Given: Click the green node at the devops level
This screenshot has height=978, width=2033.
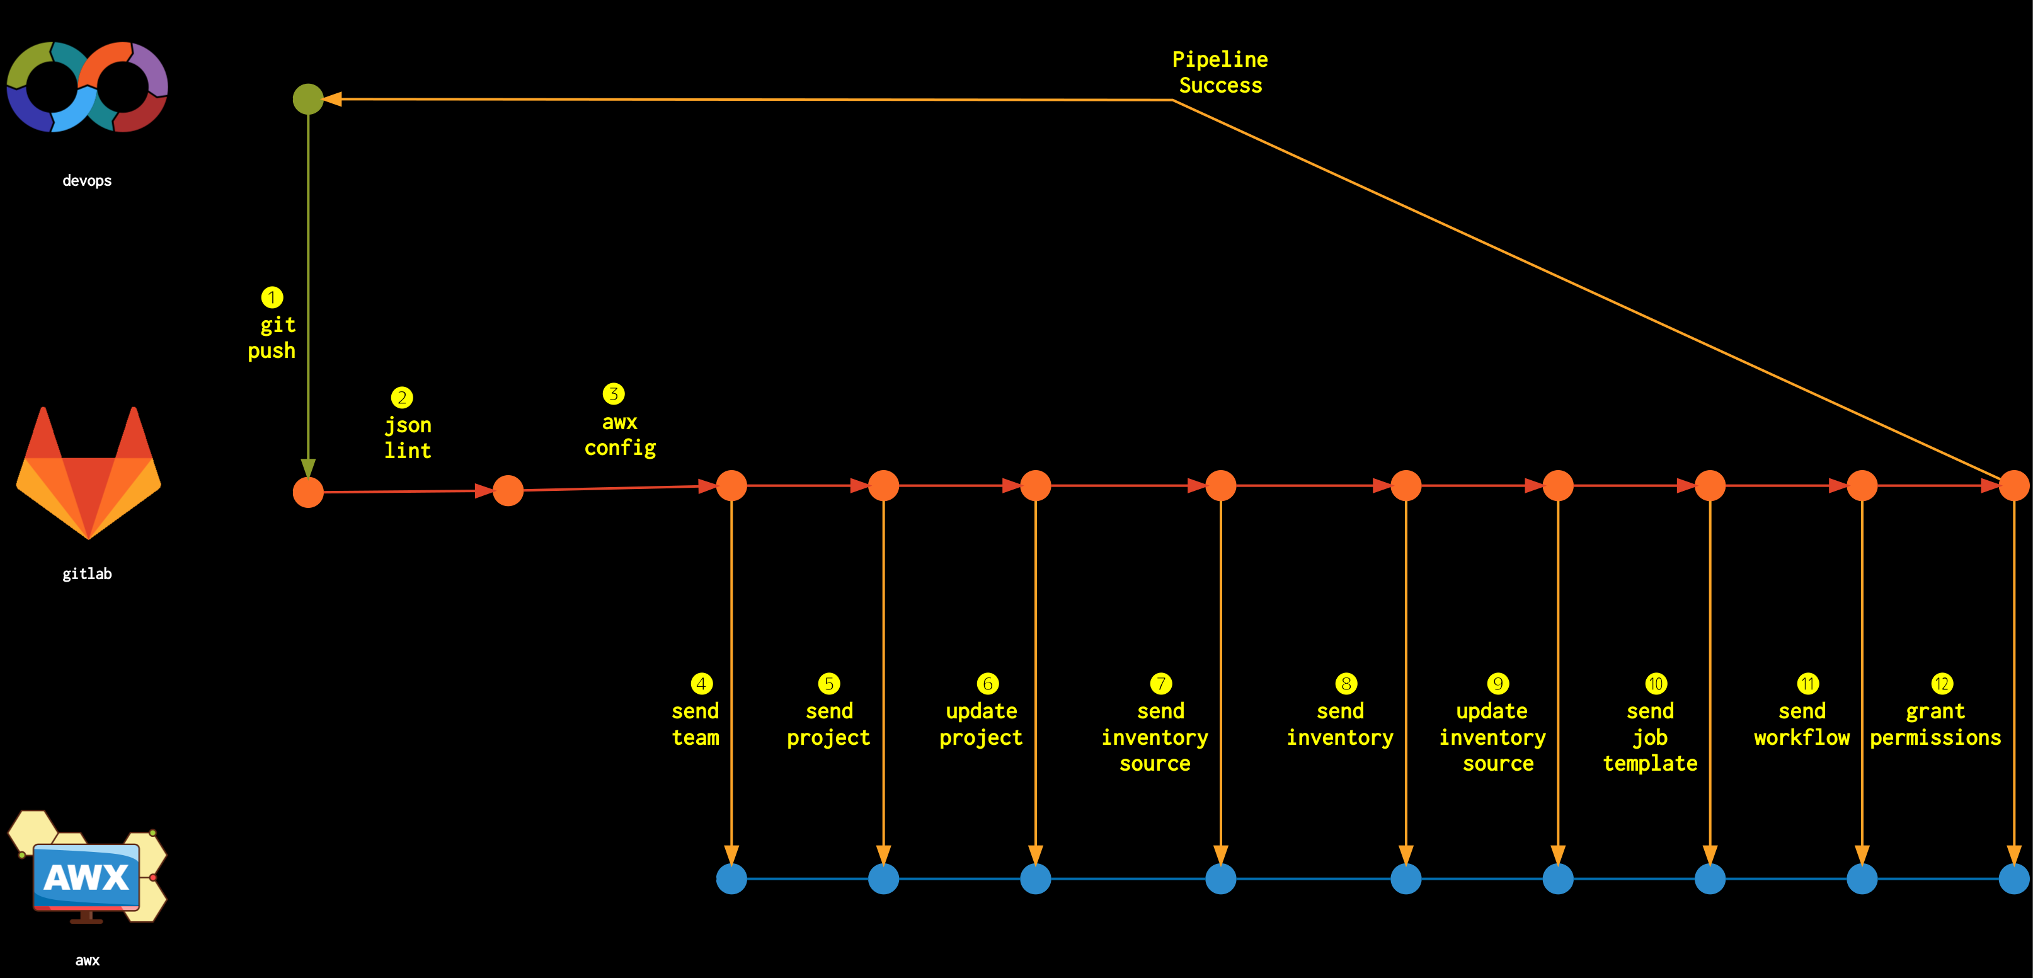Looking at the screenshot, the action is coord(308,99).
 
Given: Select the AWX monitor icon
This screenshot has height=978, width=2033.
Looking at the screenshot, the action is coord(88,866).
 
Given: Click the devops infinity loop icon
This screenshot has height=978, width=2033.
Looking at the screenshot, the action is coord(88,87).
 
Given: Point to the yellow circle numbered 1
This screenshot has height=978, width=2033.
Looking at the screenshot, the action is coord(272,297).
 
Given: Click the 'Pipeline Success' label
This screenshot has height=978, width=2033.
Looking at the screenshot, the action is coord(1220,72).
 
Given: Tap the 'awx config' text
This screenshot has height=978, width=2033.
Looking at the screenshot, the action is coord(621,435).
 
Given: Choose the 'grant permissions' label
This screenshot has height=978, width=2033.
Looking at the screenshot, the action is coord(1935,724).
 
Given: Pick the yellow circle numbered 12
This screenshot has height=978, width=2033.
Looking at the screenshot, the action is coord(1942,684).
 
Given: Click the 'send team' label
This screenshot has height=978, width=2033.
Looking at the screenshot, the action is coord(696,724).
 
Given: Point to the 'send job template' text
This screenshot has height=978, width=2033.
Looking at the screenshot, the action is coord(1650,737).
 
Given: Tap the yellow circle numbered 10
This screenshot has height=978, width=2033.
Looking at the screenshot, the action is coord(1656,684).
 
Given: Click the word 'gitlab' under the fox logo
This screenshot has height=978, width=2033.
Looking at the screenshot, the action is coord(88,574).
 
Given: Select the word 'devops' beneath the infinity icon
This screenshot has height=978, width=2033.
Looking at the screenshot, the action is coord(88,181).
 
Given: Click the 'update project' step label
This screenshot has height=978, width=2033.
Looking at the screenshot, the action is coord(981,724).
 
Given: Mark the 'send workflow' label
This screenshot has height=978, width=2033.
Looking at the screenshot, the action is coord(1802,724).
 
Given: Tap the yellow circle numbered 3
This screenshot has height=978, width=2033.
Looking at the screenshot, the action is coord(613,393).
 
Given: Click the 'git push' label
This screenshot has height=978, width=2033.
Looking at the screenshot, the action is coord(272,337).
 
